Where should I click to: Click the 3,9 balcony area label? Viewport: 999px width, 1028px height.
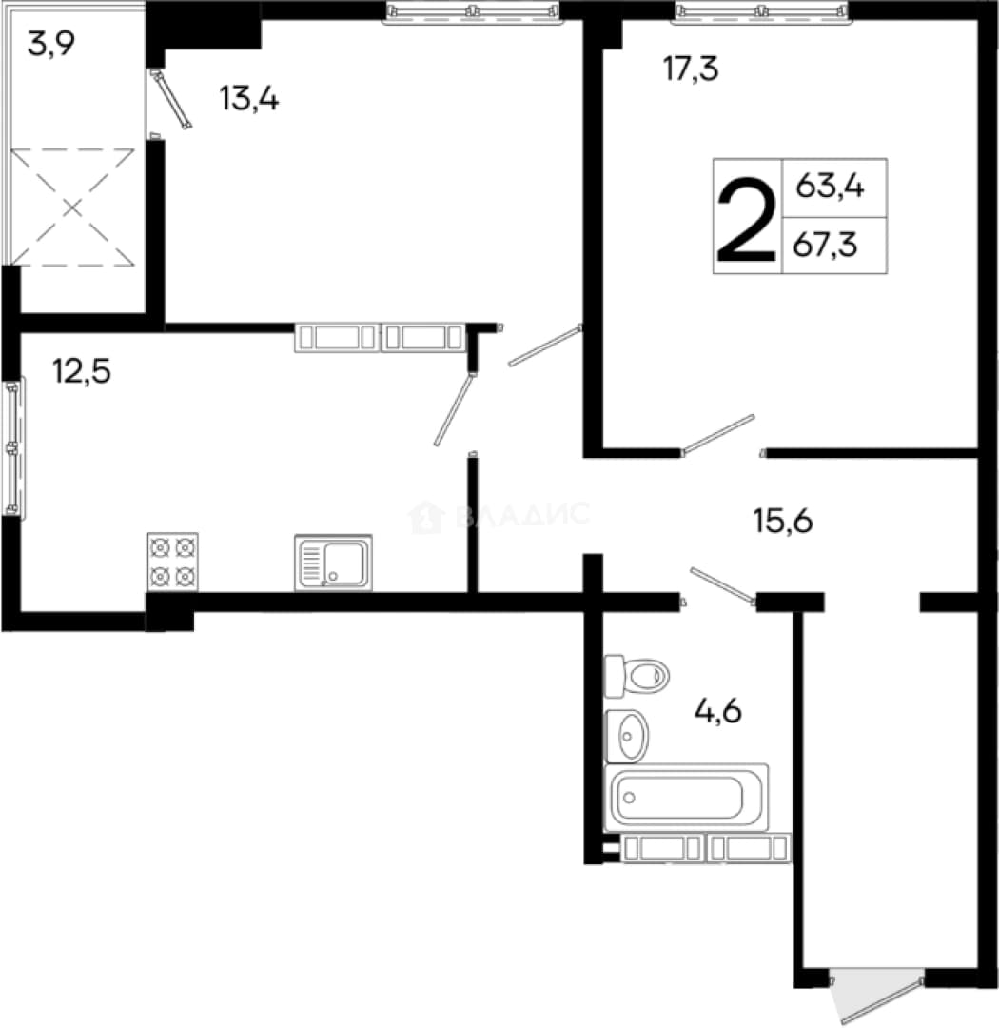(x=51, y=45)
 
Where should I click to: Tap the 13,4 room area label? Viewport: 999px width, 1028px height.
(x=249, y=99)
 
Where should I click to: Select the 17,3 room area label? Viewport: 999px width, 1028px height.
(x=690, y=69)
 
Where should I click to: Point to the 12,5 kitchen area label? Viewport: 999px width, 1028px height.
(x=82, y=372)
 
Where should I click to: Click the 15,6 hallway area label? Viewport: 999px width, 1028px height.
(x=783, y=522)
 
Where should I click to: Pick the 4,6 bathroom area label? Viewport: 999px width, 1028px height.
(x=717, y=711)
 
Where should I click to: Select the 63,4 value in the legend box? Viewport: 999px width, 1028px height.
(x=830, y=186)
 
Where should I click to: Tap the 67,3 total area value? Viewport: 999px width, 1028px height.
(x=825, y=246)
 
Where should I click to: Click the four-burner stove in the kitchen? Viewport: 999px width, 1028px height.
(x=172, y=562)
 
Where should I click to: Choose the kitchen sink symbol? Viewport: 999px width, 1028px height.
(x=333, y=562)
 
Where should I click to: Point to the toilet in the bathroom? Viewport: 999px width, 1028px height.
(x=636, y=675)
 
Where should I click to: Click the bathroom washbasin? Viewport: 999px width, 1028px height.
(x=627, y=736)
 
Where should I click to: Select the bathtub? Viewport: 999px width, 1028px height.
(x=686, y=798)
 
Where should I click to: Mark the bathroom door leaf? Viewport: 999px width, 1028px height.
(x=722, y=585)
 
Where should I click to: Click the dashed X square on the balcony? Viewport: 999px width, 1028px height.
(x=72, y=208)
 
